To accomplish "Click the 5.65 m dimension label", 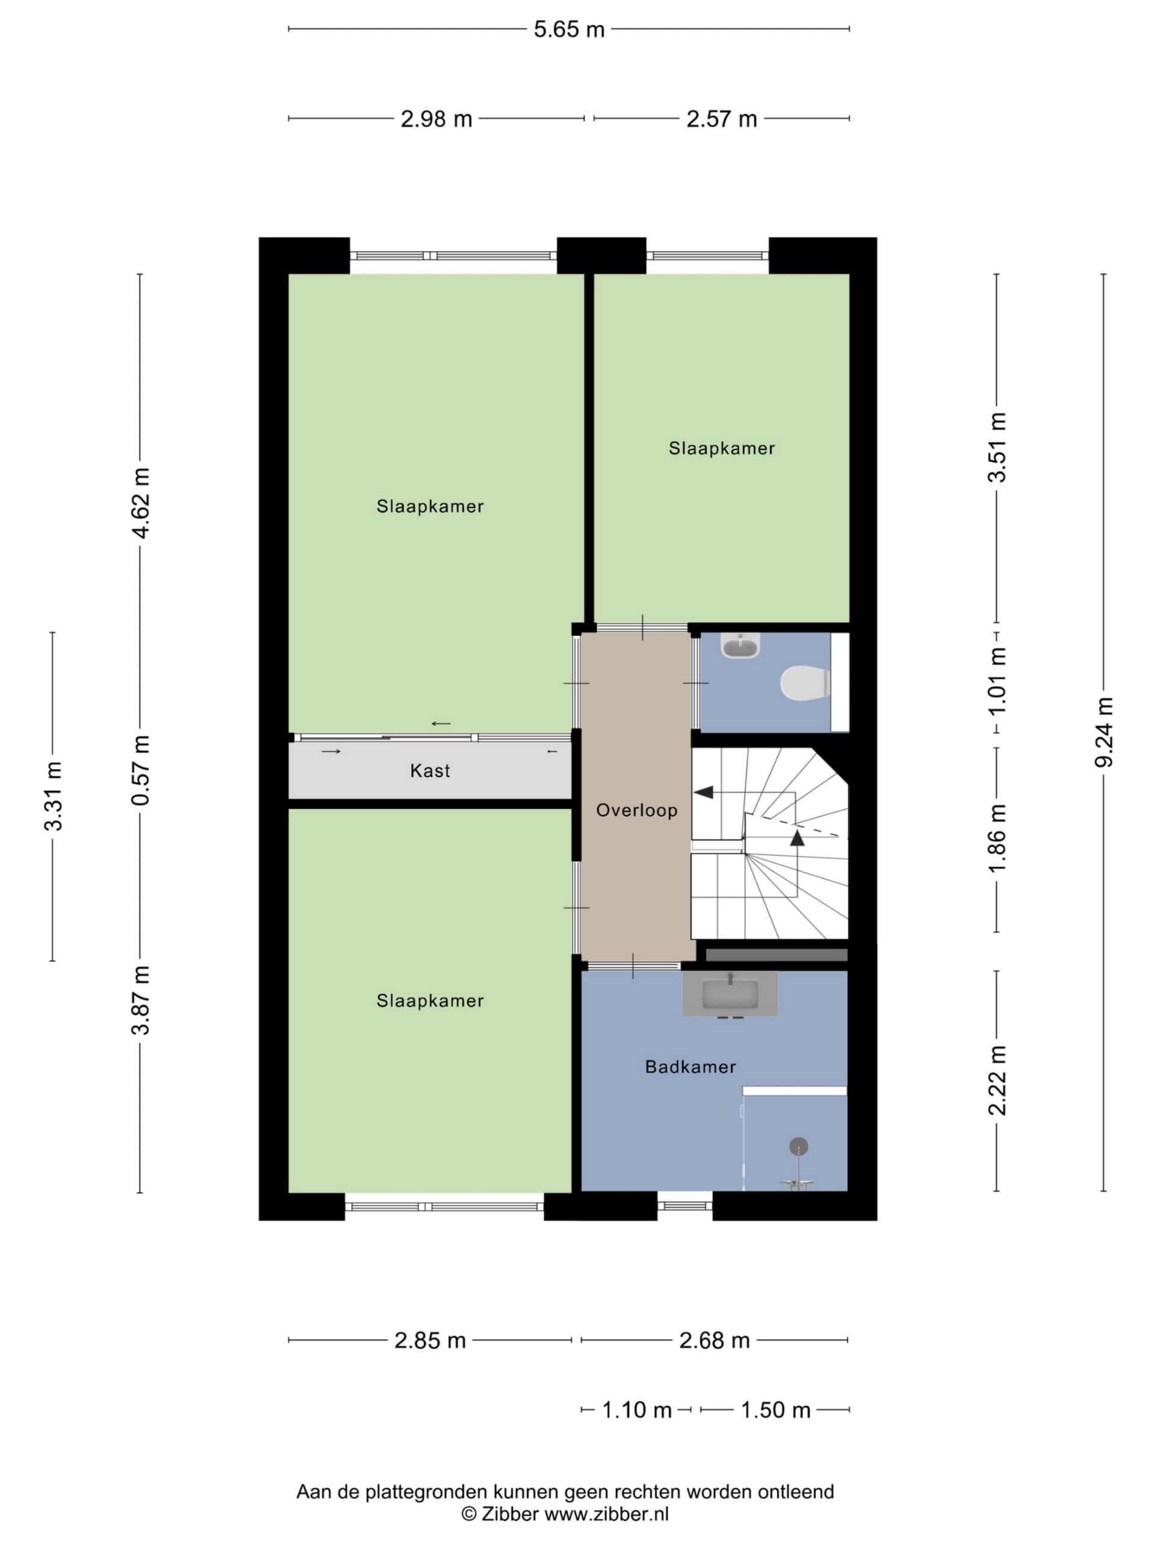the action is pos(568,29).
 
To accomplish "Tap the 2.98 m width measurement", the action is pos(436,119).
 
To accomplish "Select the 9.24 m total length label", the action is pos(1104,731).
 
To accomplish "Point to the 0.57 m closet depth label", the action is pos(141,770).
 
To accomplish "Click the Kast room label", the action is pos(430,771).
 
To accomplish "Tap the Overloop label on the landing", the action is pos(637,810).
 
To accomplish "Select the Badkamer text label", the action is pos(690,1067).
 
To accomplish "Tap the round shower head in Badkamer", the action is pos(798,1146).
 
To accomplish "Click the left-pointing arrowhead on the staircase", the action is pos(704,792).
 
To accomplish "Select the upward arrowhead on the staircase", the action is pos(797,838).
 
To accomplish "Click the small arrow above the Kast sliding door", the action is pos(441,724).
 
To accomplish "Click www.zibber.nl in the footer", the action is pos(606,1513).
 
